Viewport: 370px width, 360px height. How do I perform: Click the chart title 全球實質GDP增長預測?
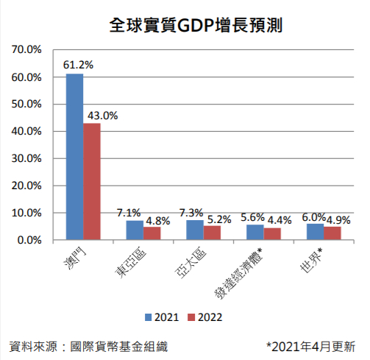coord(185,26)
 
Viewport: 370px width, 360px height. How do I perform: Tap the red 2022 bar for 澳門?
coord(92,181)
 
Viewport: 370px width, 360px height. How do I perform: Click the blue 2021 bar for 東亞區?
coord(135,230)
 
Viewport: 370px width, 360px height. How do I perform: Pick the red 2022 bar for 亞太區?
coord(213,233)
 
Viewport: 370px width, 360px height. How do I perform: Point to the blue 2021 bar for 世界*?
coord(315,232)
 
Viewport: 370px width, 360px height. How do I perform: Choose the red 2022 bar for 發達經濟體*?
coord(273,234)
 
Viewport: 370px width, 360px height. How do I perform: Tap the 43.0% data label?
coord(102,115)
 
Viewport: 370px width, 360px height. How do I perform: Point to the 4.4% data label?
coord(280,219)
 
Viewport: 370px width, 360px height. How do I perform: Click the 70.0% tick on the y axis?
coord(28,50)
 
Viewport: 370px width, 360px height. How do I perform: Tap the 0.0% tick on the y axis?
coord(30,240)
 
